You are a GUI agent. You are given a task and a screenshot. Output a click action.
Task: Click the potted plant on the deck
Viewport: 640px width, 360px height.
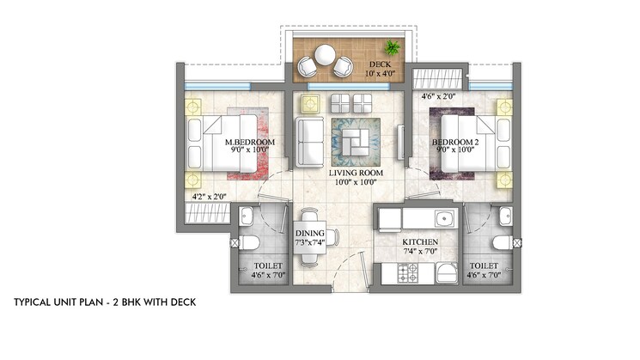pos(393,46)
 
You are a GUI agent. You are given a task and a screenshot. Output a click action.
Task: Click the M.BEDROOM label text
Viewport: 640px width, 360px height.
pos(249,141)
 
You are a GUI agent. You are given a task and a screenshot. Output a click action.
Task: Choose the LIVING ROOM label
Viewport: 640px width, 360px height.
pos(356,173)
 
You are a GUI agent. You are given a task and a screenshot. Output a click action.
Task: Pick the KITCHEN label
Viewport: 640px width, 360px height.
pos(421,243)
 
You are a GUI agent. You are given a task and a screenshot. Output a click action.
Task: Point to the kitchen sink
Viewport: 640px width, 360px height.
pos(444,217)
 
